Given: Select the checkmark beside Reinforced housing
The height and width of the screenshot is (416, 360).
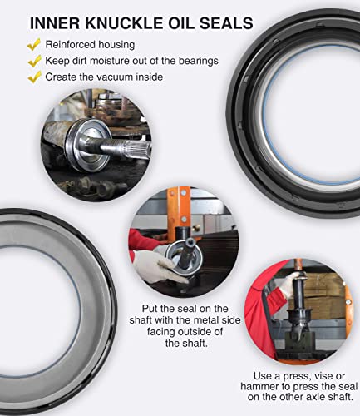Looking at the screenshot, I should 33,43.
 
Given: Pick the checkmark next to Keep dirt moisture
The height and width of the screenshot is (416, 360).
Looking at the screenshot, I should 33,60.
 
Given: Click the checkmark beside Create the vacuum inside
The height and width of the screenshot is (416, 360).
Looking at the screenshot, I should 33,77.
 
